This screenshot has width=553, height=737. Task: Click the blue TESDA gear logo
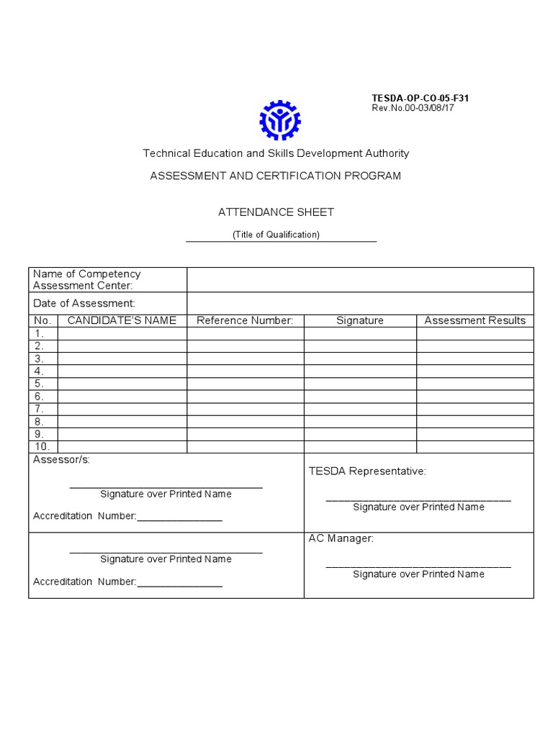tap(279, 120)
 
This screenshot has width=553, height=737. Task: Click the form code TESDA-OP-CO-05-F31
tap(420, 98)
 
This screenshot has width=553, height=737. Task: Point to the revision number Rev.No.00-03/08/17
tap(413, 108)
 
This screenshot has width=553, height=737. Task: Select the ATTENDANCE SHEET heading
tap(276, 212)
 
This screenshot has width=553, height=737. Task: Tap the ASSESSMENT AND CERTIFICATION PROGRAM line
tap(275, 176)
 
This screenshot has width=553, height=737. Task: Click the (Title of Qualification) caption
tap(276, 235)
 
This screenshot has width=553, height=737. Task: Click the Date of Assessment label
tap(84, 304)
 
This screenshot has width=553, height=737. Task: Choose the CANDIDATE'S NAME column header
tap(122, 320)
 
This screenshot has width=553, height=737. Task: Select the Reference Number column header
tap(245, 320)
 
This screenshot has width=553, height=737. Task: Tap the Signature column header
tap(360, 320)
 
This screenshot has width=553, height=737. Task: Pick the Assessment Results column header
tap(475, 320)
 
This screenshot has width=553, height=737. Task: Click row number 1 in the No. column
tap(40, 333)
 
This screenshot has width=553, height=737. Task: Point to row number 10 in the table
tap(42, 446)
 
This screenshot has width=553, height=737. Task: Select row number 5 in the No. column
tap(40, 384)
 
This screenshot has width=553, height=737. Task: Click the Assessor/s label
tap(62, 460)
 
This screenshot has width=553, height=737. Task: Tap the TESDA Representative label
tap(367, 471)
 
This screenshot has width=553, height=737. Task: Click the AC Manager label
tap(341, 538)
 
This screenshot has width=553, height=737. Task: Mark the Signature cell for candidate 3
tap(360, 358)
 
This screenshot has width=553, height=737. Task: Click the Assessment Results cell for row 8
tap(475, 421)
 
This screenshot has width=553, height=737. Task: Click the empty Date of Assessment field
tap(360, 304)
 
